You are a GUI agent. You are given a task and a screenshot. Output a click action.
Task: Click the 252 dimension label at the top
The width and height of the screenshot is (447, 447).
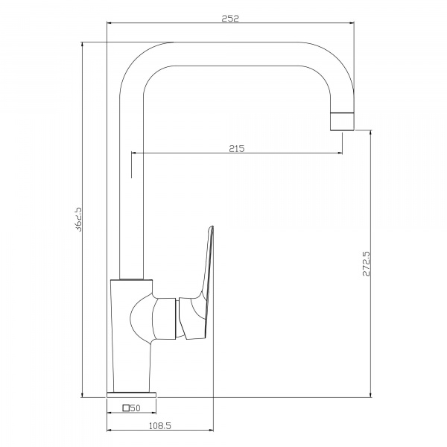[230, 18]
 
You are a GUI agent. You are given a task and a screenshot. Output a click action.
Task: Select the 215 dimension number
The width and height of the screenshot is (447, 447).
[237, 148]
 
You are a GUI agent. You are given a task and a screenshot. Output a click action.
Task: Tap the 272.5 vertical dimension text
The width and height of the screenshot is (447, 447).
[367, 264]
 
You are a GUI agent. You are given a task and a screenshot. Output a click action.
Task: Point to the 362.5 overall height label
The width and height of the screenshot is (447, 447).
[77, 219]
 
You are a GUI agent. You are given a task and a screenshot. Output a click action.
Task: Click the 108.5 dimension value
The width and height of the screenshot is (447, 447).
[160, 426]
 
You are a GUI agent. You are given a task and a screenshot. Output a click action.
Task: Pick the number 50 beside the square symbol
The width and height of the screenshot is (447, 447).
[136, 408]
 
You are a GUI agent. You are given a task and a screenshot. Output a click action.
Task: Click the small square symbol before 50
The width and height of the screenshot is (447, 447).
[126, 408]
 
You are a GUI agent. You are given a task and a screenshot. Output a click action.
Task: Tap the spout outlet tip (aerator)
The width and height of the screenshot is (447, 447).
[342, 121]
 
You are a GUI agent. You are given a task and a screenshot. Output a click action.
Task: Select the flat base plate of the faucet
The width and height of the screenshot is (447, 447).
[131, 395]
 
